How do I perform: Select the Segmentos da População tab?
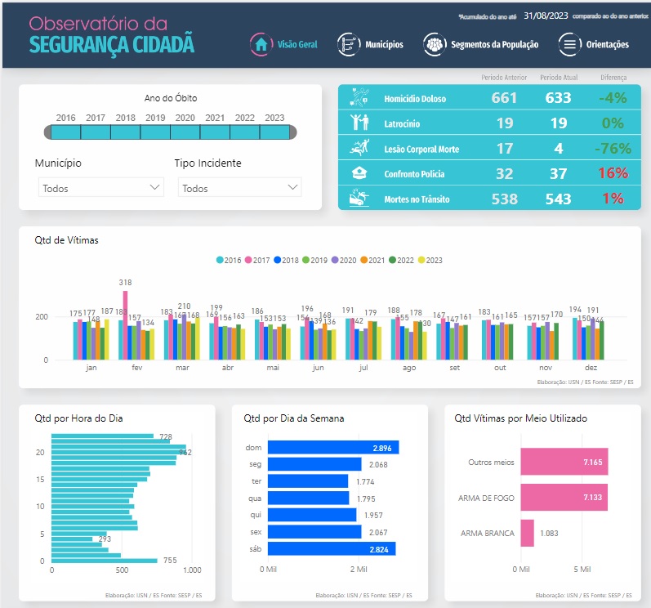click(x=482, y=44)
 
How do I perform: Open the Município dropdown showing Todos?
click(x=102, y=188)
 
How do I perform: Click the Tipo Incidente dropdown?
click(x=240, y=188)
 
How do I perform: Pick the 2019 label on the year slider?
click(x=155, y=118)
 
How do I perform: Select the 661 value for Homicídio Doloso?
click(x=504, y=99)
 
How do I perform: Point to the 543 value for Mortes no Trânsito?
click(x=557, y=199)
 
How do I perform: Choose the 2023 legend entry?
click(x=430, y=261)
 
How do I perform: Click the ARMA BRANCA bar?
click(x=527, y=534)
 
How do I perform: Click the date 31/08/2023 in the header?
click(x=546, y=16)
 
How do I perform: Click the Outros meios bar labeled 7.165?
click(x=564, y=463)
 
